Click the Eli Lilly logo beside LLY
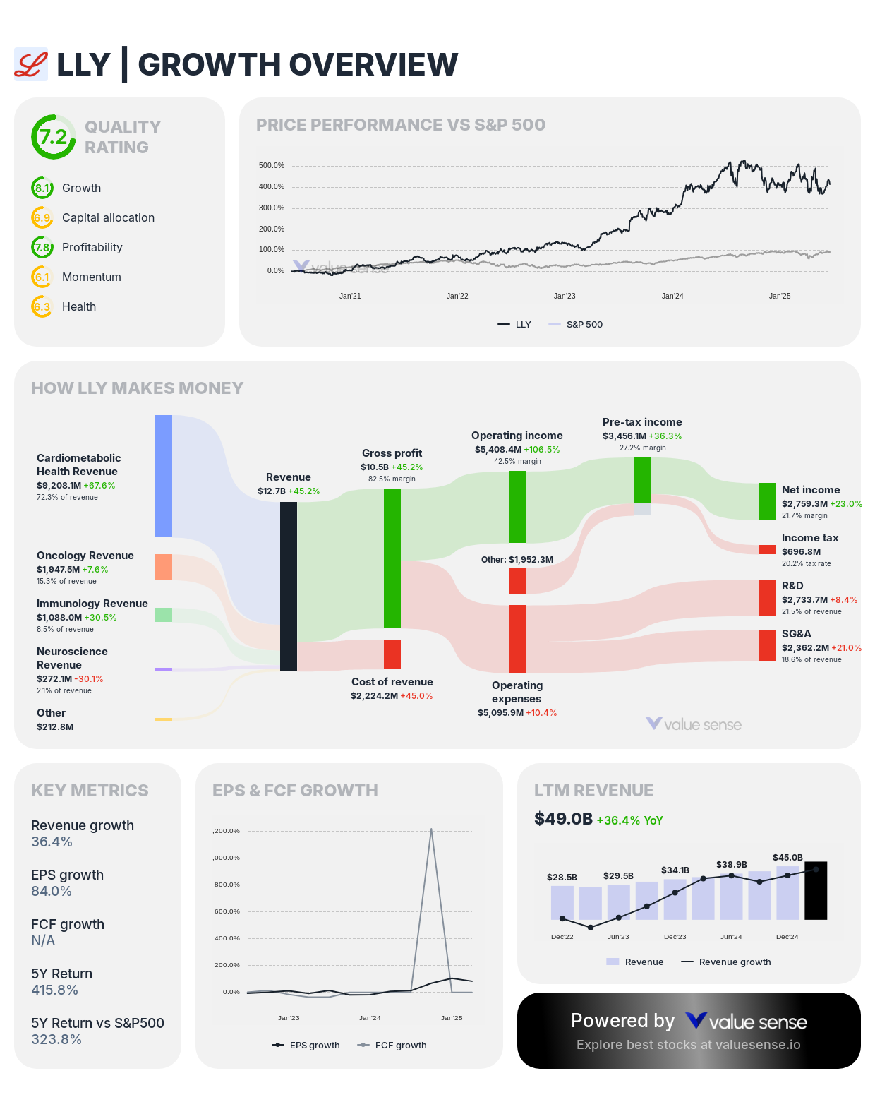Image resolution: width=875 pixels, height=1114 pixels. click(31, 64)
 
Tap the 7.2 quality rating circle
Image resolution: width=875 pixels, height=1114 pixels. click(54, 137)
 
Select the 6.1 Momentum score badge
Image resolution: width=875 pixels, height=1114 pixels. click(42, 277)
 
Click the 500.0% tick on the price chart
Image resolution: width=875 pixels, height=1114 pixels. click(272, 166)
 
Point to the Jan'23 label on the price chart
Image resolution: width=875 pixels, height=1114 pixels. click(565, 296)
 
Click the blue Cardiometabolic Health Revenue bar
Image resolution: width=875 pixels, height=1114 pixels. click(164, 476)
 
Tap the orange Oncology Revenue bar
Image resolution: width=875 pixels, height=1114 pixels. click(164, 567)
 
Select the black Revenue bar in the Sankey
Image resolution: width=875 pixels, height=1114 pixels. click(289, 586)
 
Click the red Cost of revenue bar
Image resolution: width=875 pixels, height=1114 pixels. click(392, 654)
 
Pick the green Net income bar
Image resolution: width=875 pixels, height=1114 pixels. click(768, 501)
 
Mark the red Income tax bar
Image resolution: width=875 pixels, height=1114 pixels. click(768, 549)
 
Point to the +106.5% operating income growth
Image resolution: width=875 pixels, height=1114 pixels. click(542, 450)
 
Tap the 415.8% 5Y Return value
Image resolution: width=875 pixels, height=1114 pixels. click(54, 990)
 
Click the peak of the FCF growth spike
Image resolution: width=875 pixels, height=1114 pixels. click(431, 829)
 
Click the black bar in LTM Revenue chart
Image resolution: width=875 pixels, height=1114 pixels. click(816, 890)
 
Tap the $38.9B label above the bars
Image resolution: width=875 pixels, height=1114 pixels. click(731, 864)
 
